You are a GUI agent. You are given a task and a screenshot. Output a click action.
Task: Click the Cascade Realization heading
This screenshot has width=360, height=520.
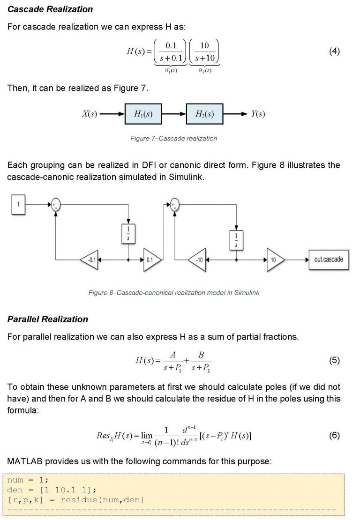pos(50,9)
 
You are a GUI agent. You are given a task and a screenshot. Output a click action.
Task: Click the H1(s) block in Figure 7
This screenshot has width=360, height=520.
pos(143,114)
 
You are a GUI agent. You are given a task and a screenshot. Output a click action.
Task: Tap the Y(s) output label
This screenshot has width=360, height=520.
pos(258,114)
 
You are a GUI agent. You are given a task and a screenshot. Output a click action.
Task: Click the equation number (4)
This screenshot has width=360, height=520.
pos(334,51)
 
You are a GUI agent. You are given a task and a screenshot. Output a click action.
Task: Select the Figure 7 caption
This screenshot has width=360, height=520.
pos(173,139)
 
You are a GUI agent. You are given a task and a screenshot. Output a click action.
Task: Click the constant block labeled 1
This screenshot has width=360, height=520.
pos(18,205)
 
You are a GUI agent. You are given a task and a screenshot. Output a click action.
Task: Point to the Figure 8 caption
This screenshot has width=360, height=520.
pos(173,293)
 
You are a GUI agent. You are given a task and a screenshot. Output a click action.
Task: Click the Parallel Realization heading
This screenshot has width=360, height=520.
pos(48,319)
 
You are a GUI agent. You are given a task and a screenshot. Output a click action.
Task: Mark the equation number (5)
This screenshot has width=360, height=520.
pos(334,360)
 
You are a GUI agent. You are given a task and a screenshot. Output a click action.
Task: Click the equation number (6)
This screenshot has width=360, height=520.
pos(334,435)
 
